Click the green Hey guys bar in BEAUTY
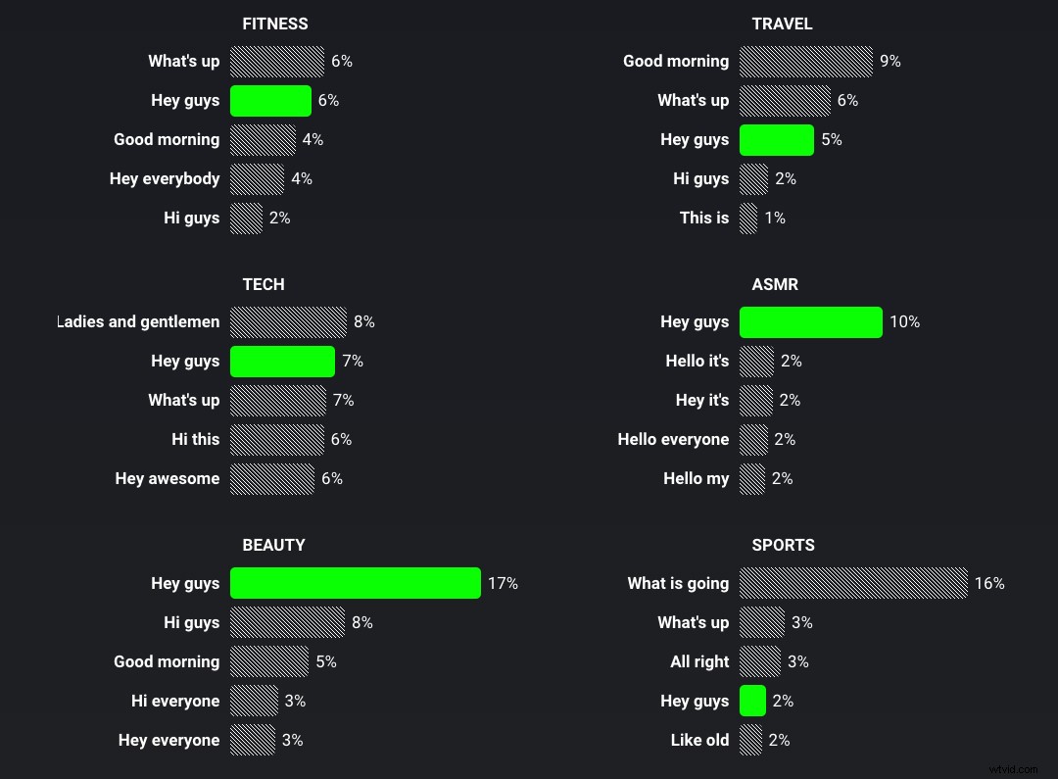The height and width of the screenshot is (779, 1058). [355, 583]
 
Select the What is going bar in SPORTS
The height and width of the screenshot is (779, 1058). [852, 583]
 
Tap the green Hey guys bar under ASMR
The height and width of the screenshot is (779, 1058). [810, 321]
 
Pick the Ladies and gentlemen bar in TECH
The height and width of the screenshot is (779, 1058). [288, 321]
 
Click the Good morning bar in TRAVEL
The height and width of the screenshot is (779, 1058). [805, 61]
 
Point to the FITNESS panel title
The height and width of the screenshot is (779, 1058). [274, 24]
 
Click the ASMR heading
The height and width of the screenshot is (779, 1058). [774, 284]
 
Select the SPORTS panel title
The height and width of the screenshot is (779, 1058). [783, 545]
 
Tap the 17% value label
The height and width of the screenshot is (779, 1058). [503, 583]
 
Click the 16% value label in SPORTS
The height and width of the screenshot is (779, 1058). [989, 583]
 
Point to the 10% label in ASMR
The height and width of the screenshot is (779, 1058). [904, 321]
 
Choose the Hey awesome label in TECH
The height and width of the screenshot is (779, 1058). [168, 478]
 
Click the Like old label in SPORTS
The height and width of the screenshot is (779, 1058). [699, 740]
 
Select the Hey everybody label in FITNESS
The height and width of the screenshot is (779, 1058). [165, 178]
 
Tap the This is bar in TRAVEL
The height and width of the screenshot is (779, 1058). [748, 218]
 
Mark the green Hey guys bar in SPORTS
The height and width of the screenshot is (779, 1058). [752, 701]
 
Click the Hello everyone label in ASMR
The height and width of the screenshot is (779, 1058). [673, 439]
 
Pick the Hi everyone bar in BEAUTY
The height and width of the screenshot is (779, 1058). [254, 701]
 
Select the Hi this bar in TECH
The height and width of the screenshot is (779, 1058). [276, 439]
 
